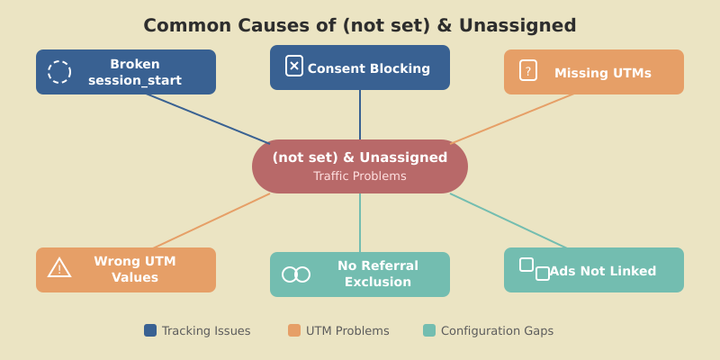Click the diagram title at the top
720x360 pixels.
coord(360,25)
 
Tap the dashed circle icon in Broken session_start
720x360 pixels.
coord(59,72)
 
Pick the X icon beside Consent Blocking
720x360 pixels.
coord(294,66)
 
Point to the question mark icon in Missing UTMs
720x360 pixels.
coord(528,70)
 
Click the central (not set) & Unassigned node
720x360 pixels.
coord(360,158)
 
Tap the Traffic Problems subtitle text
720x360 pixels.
coord(360,176)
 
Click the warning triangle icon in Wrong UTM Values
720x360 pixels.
coord(59,267)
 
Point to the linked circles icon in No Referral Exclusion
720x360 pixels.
coord(296,274)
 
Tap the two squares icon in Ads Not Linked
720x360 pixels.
coord(535,269)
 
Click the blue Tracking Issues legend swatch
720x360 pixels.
coord(150,330)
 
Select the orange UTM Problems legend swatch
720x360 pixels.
coord(294,330)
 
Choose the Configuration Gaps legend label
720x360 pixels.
coord(497,331)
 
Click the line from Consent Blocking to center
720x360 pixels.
coord(360,115)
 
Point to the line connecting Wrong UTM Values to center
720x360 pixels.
coord(211,220)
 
